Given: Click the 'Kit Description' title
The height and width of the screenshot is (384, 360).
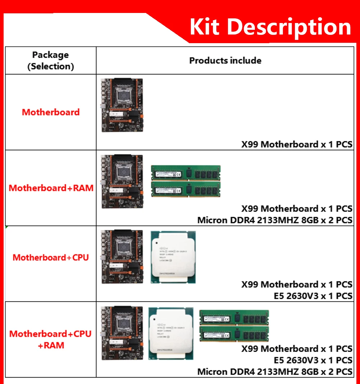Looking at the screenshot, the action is [270, 27].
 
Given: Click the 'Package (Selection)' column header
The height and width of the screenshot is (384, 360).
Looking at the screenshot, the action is [50, 60].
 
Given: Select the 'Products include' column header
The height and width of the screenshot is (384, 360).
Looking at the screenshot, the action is [225, 60].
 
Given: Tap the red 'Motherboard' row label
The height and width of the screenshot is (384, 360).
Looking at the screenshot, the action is [51, 112].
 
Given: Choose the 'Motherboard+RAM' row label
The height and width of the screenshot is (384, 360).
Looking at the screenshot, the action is [51, 188].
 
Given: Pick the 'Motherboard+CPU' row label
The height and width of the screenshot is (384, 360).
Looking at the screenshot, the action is [51, 257].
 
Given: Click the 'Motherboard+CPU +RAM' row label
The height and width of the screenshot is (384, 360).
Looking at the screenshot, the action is [51, 339].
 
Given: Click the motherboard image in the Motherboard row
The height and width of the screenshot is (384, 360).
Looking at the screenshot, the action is [122, 105].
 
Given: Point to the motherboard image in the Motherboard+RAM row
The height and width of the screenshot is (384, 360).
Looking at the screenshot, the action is [122, 181].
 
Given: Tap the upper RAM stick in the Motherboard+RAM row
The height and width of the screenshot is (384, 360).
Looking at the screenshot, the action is [185, 173].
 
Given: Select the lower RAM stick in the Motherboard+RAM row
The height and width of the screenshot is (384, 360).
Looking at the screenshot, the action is [185, 189].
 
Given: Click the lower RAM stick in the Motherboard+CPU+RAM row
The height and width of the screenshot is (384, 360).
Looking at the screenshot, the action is [234, 334].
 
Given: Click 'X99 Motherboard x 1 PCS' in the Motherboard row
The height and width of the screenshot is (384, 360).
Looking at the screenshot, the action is [297, 145].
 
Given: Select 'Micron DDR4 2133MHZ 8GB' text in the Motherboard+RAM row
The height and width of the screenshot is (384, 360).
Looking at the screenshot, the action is [258, 220].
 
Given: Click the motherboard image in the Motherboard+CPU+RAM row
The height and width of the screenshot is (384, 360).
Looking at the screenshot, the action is [122, 333].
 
